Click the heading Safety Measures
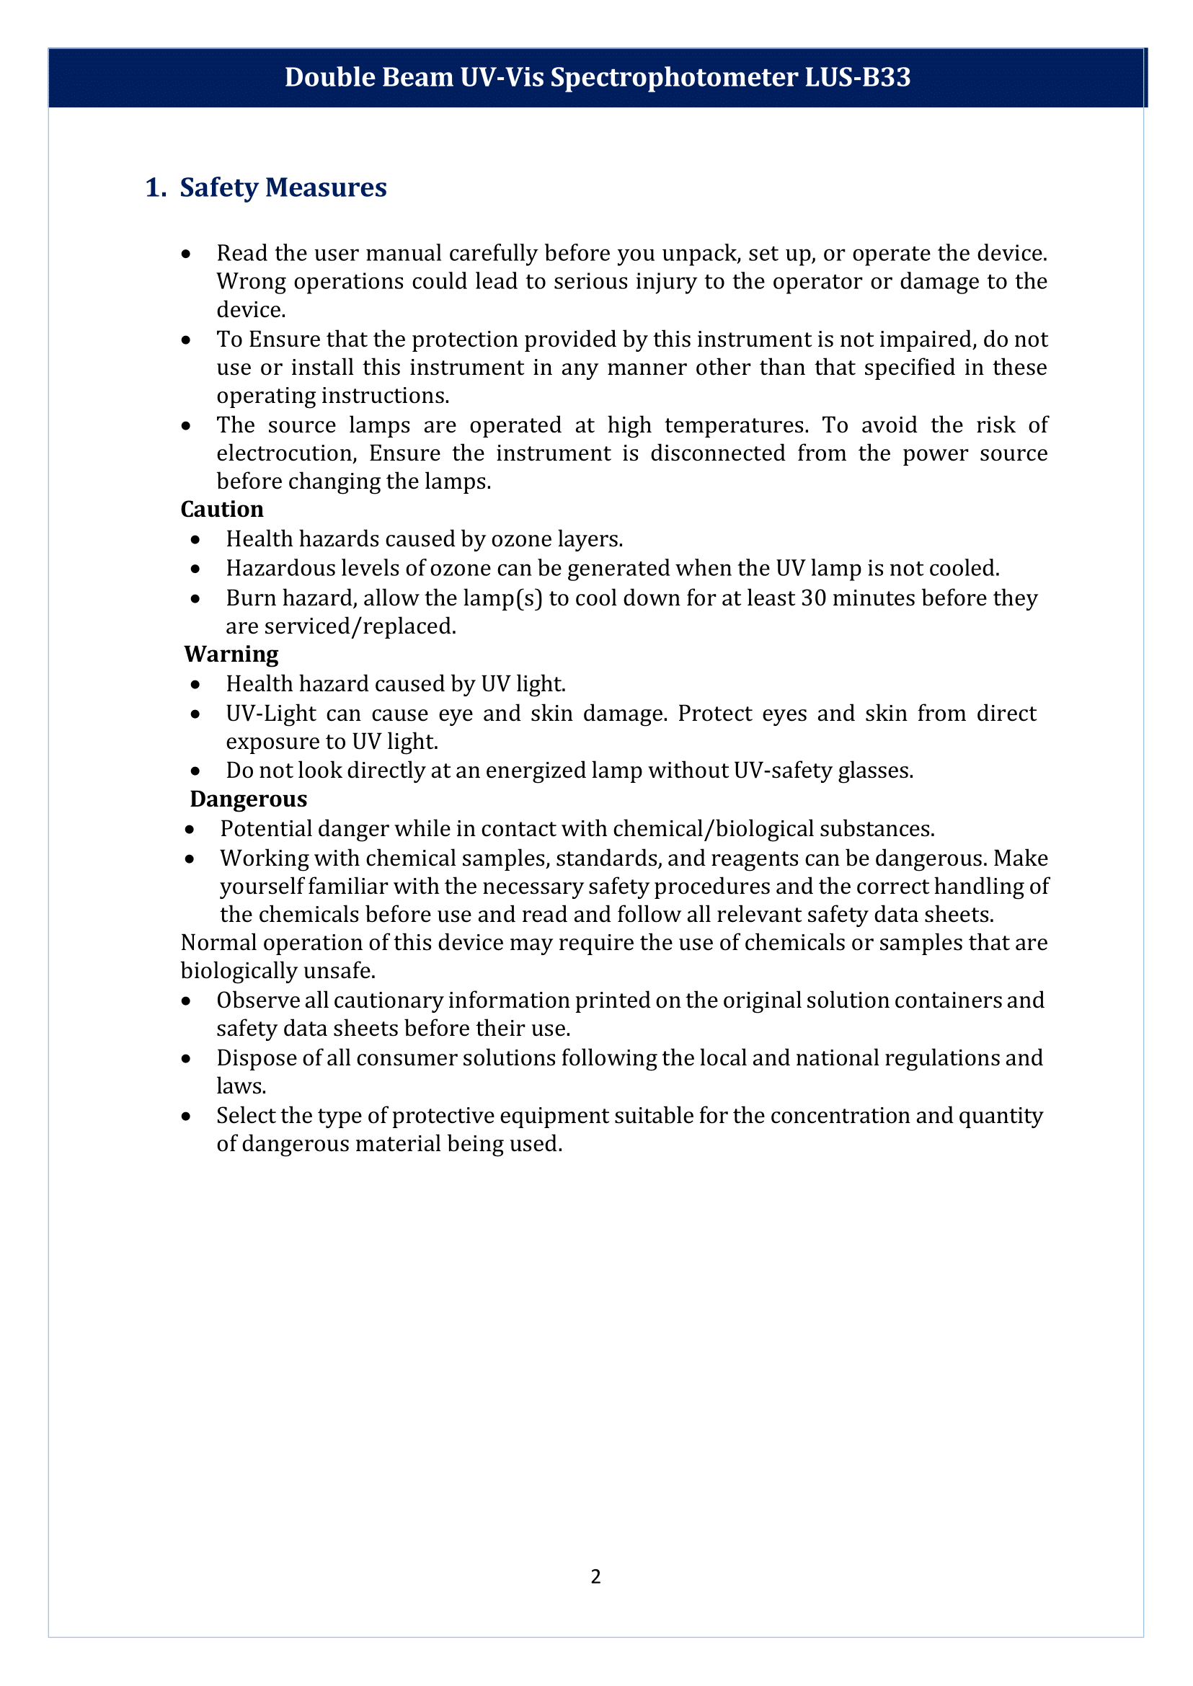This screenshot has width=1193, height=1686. (283, 187)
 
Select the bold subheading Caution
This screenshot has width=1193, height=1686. (222, 509)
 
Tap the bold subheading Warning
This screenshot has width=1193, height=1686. (231, 654)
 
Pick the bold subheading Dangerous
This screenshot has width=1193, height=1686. (248, 799)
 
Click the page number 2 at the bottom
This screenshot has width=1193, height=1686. (595, 1576)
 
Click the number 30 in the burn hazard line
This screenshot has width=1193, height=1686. (813, 598)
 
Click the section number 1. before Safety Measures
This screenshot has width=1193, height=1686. (156, 187)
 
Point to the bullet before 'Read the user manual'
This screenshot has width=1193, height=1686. (187, 254)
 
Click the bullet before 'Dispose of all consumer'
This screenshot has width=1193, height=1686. (187, 1059)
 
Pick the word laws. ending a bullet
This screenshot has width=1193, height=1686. (241, 1086)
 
